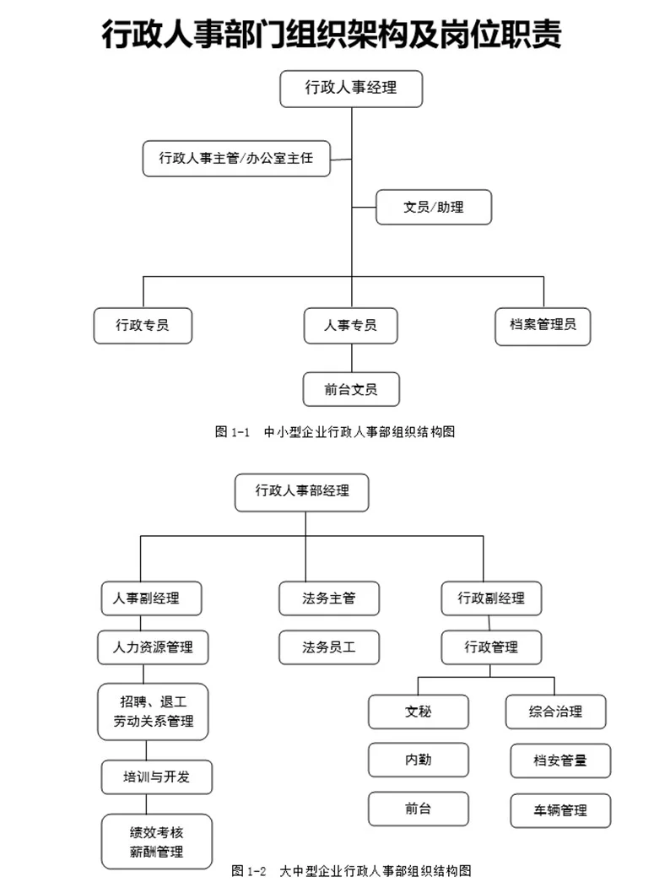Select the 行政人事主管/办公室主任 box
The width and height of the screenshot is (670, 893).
[236, 158]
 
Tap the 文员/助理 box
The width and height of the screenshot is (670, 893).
[433, 206]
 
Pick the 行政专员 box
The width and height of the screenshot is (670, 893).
[143, 325]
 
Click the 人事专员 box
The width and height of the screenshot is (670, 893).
[350, 325]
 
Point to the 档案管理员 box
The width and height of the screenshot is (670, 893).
[543, 325]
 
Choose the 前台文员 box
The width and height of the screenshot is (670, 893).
[350, 389]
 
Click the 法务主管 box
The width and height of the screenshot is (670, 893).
[329, 598]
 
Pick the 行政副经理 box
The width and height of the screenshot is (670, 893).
[491, 598]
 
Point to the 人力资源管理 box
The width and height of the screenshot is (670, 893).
[153, 647]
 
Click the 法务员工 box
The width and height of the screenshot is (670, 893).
[329, 647]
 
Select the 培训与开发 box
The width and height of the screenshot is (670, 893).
[156, 777]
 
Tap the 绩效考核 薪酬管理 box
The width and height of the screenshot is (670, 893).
[154, 841]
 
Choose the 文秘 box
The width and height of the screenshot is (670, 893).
[418, 711]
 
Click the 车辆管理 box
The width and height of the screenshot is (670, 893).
[560, 810]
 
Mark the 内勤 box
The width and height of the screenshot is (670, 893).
[418, 760]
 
